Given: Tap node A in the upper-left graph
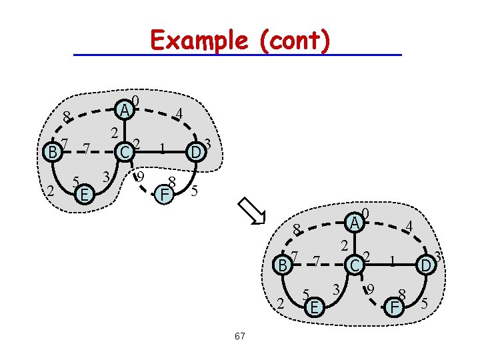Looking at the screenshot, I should coord(123,109).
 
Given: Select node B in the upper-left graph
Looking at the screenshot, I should coord(51,152).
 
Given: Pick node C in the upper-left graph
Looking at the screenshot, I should coord(122,153).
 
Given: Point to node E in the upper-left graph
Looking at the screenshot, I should coord(83,195).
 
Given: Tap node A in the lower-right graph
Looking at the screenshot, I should coord(356,222).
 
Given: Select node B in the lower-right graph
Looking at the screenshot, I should coord(283,265).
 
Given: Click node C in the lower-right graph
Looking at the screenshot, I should coord(355,265).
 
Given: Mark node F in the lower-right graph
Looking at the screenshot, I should coord(395,307).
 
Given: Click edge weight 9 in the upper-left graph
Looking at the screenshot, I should coord(140,177).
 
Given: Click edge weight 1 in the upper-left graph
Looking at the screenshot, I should coord(162,148).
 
